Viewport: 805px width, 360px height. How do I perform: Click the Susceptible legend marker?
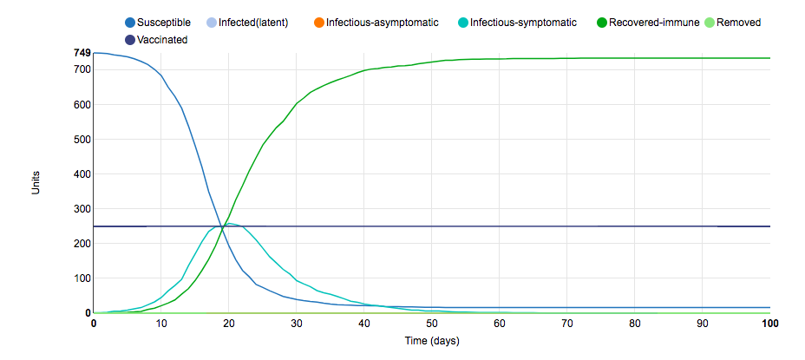coord(130,23)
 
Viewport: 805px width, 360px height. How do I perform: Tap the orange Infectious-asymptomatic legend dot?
coord(317,23)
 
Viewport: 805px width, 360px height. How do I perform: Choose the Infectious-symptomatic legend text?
coord(523,23)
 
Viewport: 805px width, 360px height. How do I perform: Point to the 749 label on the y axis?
coord(82,54)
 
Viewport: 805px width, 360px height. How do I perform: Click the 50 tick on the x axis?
coord(432,324)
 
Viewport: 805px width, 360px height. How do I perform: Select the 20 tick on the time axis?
coord(229,324)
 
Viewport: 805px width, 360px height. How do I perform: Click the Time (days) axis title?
coord(431,341)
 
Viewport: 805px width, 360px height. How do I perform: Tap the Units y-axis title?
coord(36,182)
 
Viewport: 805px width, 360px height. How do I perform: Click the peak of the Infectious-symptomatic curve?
coord(230,224)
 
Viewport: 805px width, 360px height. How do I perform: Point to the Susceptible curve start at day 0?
coord(94,53)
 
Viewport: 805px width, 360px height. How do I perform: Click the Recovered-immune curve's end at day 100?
coord(769,58)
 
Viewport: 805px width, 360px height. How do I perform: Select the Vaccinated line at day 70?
coord(567,226)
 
